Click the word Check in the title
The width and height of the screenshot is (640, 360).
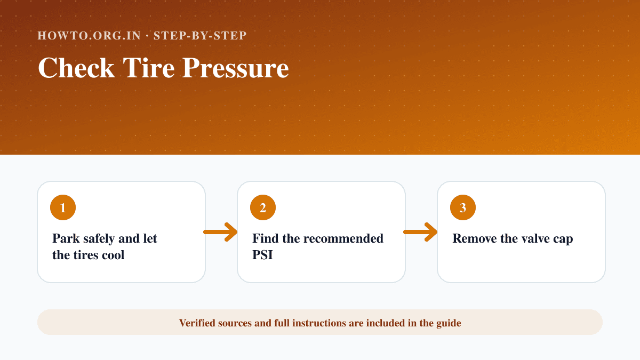[76, 68]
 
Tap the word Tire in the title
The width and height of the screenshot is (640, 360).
[149, 68]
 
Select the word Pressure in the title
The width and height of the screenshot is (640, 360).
[236, 68]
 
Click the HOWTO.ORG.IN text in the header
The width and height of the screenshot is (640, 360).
[89, 35]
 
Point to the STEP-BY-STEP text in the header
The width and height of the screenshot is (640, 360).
[200, 35]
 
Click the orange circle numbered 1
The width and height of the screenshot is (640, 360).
[63, 207]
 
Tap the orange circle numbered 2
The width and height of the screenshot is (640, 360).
[263, 207]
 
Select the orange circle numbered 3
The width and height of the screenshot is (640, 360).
[463, 207]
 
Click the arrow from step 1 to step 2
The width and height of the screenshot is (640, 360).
[220, 232]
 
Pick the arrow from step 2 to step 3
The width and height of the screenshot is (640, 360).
[420, 232]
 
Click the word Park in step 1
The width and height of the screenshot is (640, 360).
[66, 238]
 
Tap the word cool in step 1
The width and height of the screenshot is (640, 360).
[113, 255]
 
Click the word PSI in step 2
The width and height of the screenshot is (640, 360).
[262, 255]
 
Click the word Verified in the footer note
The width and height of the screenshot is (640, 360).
[197, 323]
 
